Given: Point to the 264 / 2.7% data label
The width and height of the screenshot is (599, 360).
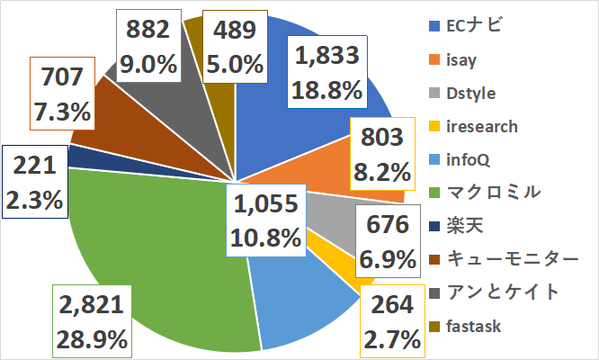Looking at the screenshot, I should [390, 322].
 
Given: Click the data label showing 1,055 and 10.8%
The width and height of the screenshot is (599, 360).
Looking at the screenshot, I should [265, 220].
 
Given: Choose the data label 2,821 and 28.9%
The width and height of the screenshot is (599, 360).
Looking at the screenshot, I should [94, 322].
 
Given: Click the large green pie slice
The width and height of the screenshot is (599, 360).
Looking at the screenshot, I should [153, 243].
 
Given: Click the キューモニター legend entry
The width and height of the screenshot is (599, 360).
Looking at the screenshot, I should [505, 258].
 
